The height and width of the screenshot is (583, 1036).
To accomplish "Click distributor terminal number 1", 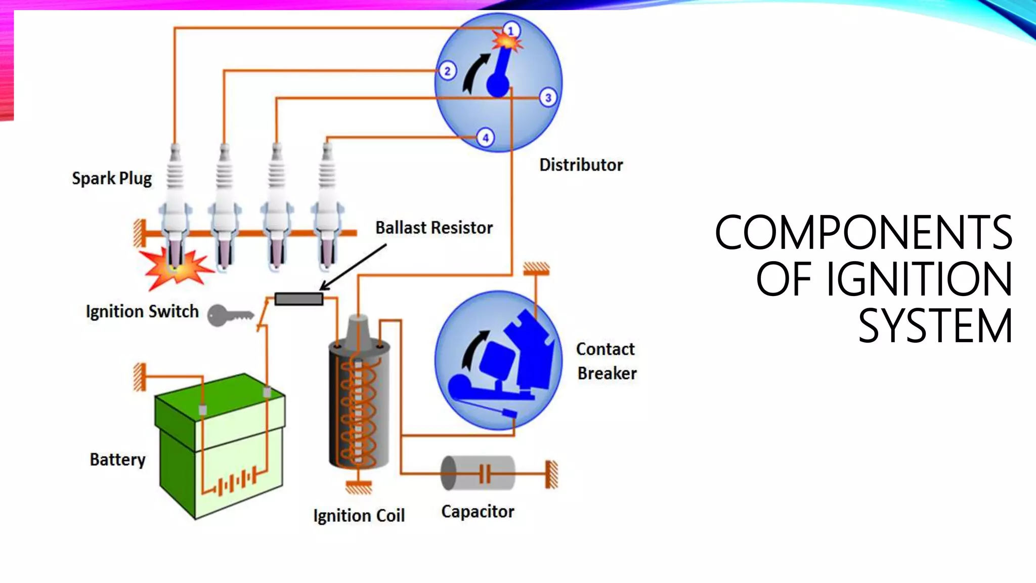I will pyautogui.click(x=511, y=30).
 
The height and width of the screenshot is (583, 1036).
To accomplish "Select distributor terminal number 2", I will pyautogui.click(x=447, y=71).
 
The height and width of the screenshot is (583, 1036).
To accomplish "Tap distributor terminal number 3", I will pyautogui.click(x=548, y=98).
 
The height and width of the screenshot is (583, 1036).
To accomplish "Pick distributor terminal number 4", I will pyautogui.click(x=485, y=138).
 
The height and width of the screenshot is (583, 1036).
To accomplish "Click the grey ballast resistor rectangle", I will pyautogui.click(x=299, y=299).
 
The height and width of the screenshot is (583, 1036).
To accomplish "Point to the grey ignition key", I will pyautogui.click(x=228, y=316).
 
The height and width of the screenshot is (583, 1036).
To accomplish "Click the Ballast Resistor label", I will pyautogui.click(x=434, y=228).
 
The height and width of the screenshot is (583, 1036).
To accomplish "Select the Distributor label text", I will pyautogui.click(x=581, y=165).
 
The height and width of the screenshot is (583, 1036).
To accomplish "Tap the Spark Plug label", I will pyautogui.click(x=112, y=179).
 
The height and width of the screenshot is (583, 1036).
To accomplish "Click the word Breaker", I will pyautogui.click(x=607, y=373).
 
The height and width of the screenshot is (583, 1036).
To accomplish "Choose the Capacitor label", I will pyautogui.click(x=478, y=512).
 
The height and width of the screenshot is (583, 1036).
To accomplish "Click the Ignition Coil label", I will pyautogui.click(x=359, y=516).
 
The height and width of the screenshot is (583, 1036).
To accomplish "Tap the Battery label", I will pyautogui.click(x=117, y=460).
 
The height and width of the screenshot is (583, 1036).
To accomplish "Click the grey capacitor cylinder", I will pyautogui.click(x=478, y=473).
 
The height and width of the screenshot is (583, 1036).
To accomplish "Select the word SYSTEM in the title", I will pyautogui.click(x=935, y=326).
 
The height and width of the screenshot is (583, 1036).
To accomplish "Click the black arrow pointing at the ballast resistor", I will pyautogui.click(x=354, y=267).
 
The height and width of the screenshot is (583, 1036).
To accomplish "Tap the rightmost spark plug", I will pyautogui.click(x=327, y=207).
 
